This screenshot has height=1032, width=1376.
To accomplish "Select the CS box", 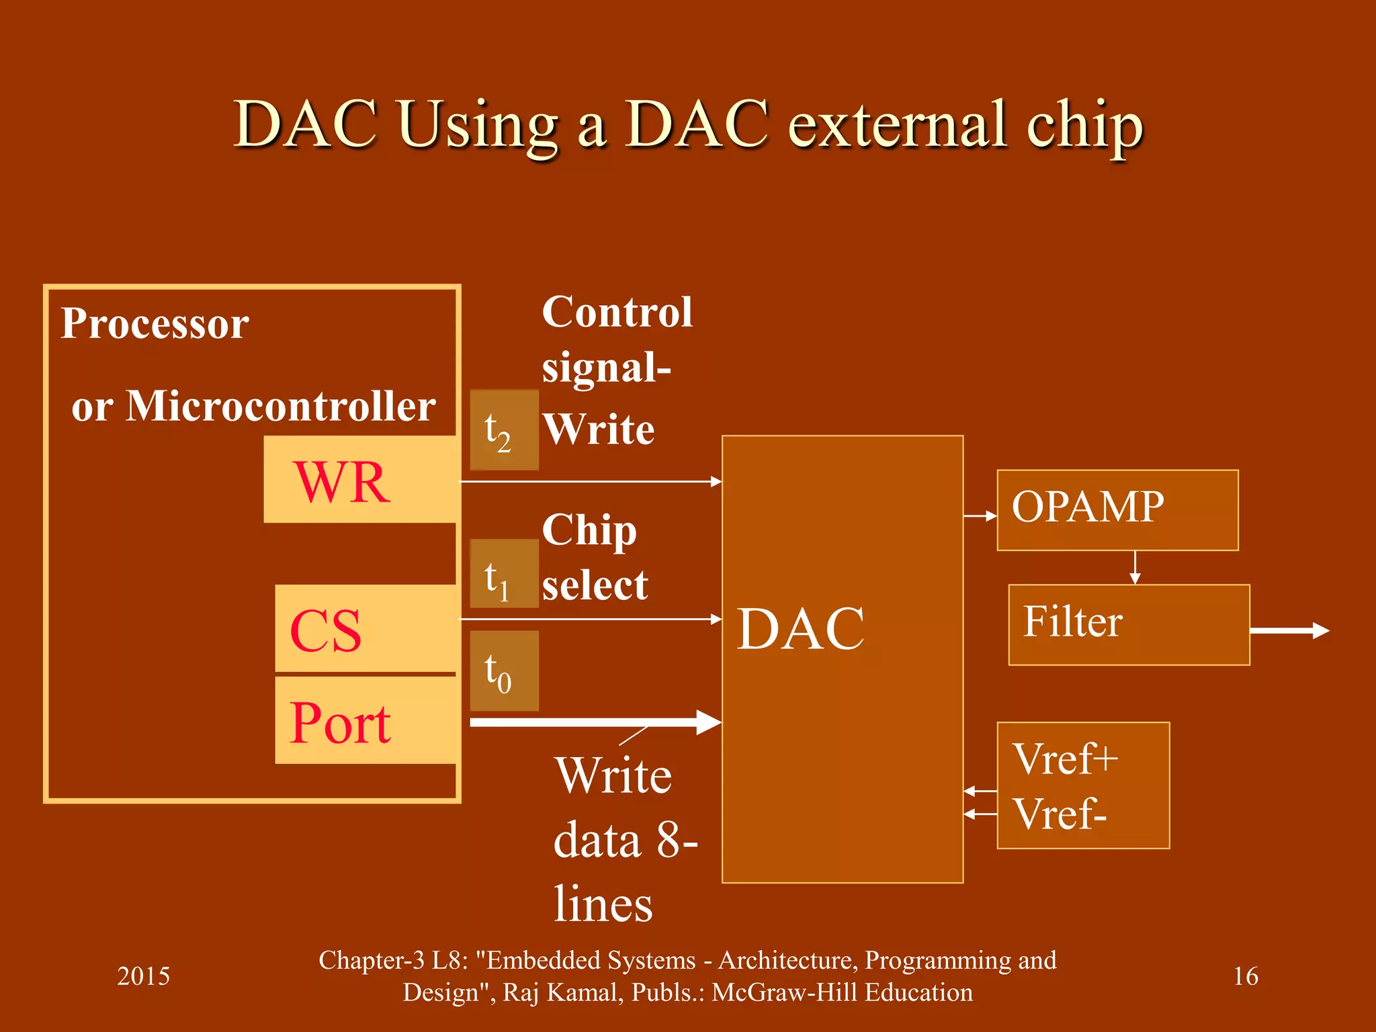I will (x=365, y=628).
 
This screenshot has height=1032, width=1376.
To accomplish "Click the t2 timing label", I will (x=504, y=430).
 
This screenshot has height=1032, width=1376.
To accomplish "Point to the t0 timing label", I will (x=504, y=671).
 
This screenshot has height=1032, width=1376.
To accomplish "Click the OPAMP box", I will (x=1117, y=510).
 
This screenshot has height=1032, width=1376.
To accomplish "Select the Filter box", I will (x=1129, y=625).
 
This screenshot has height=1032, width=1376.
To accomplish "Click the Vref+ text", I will (x=1065, y=759).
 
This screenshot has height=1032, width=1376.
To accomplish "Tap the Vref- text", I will (x=1060, y=814).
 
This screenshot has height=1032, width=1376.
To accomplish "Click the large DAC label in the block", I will (x=801, y=629).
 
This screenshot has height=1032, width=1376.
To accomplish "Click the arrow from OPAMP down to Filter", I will (x=1135, y=568).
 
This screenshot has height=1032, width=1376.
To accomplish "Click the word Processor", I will (x=155, y=324).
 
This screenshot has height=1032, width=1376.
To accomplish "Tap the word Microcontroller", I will (x=281, y=406).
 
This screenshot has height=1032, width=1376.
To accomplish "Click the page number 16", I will (x=1245, y=976).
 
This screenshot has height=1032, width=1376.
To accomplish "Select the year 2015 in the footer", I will (x=143, y=976).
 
